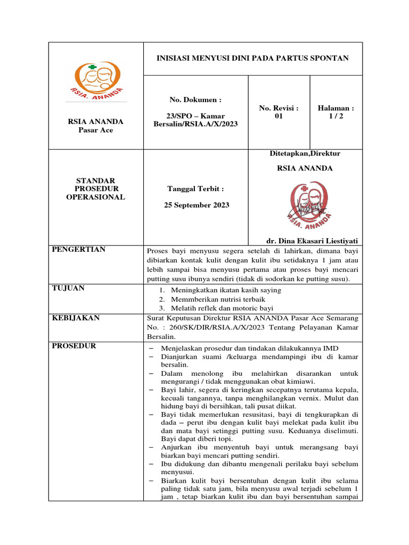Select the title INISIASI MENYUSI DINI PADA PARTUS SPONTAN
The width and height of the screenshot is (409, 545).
pos(252,57)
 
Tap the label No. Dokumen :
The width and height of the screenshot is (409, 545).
pos(195,100)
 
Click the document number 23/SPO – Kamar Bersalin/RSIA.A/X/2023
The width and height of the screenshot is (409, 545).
pos(195,120)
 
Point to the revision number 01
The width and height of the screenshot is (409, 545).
pos(279,116)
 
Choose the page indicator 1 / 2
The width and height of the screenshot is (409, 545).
pos(336,116)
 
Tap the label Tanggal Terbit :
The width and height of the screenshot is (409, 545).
pos(195,189)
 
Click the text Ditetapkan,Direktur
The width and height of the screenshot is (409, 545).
pos(305,153)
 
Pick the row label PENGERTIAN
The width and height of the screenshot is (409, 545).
pos(78,250)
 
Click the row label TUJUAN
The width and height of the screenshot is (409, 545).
pos(69,288)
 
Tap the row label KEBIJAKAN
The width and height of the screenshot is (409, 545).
pos(76,318)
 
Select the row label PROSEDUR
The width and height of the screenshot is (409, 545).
pos(74,346)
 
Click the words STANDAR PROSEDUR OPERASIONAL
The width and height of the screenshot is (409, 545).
pos(96,189)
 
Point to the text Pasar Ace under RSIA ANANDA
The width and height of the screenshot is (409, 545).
pos(96,130)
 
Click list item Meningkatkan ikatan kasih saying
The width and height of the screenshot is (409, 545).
pos(226,290)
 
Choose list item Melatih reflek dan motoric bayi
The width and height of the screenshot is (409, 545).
pos(222,308)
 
